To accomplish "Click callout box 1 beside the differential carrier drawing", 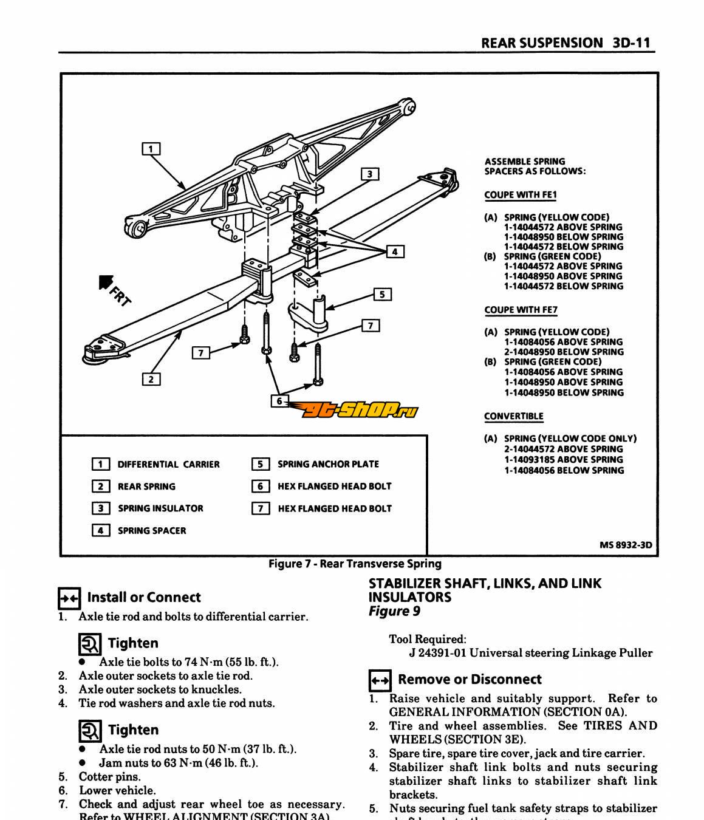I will pos(151,149).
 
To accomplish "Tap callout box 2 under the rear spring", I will pos(151,380).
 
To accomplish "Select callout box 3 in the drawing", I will pos(370,174).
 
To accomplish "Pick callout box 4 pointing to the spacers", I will pos(395,251).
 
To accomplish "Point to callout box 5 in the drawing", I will pos(382,295).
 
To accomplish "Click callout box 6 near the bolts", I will pos(279,401).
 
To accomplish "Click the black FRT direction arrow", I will pos(107,283).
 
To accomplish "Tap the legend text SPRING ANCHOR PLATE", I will pos(328,464).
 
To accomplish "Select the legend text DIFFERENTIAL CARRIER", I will pos(168,465).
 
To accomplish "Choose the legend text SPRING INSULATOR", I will pos(160,508).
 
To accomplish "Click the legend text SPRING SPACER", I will pos(152,531).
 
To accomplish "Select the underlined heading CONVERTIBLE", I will pos(514,416).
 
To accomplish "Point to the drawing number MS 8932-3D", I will pos(626,545).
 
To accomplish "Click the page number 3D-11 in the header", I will pos(632,43).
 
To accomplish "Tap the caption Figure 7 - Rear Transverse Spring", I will pos(355,564).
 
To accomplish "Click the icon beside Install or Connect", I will pos(69,598).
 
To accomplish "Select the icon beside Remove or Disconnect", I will pos(380,680).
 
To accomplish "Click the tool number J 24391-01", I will pos(437,654).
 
